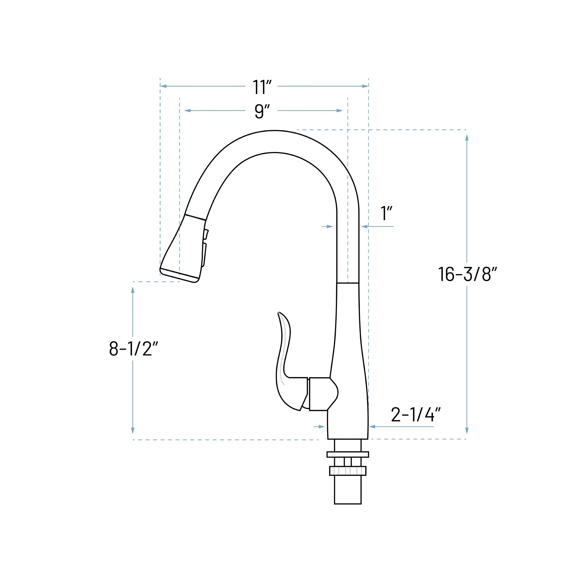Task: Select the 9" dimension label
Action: [262, 111]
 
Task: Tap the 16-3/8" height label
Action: [467, 274]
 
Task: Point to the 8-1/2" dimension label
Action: [133, 349]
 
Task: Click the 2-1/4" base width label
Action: [416, 414]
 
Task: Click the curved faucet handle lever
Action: [286, 368]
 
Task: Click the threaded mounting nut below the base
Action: [348, 471]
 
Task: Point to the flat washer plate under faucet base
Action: [348, 454]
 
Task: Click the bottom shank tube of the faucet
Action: [348, 490]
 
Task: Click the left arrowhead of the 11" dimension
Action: [163, 86]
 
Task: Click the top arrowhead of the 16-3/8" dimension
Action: [467, 137]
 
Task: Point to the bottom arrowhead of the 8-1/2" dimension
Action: [133, 430]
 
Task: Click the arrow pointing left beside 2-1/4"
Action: [372, 426]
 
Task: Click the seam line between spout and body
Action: [348, 283]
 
